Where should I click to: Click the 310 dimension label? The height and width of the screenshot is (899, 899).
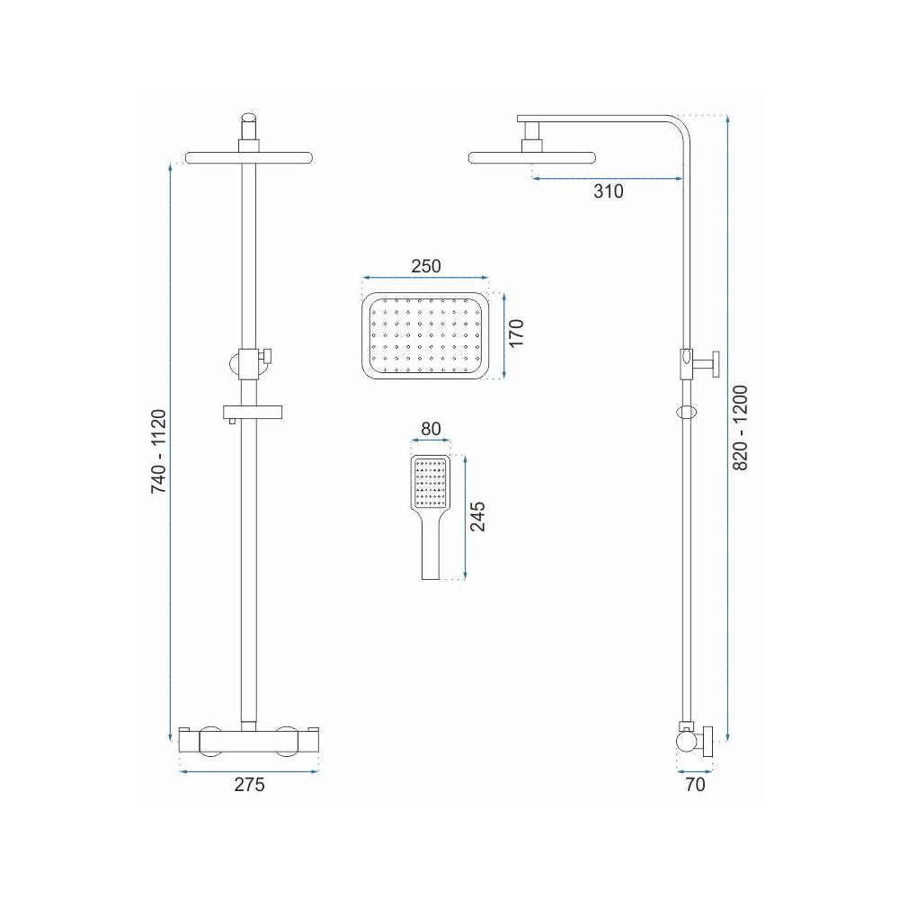608,191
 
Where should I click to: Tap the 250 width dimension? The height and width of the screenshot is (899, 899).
426,266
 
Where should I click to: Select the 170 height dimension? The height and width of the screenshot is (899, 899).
516,333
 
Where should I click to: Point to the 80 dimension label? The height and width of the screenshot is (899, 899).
431,429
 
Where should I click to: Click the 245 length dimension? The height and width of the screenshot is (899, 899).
477,517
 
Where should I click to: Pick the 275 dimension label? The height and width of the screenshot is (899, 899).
249,784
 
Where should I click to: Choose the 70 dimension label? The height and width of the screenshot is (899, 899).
695,784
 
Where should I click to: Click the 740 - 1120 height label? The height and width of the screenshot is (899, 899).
158,451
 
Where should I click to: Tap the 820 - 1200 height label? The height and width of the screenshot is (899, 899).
741,428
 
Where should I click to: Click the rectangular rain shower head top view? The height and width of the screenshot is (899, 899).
424,335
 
